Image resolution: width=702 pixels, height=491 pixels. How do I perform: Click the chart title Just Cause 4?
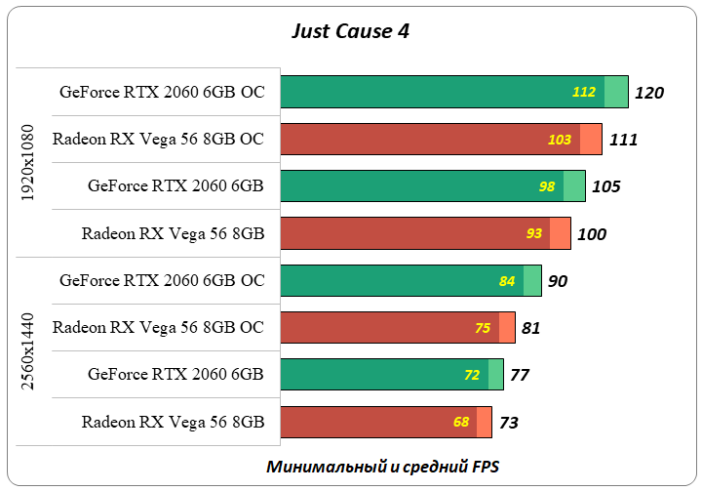click(351, 30)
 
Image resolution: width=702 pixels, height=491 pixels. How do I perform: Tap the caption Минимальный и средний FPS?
click(381, 467)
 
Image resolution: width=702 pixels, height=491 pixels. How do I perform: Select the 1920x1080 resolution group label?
click(28, 162)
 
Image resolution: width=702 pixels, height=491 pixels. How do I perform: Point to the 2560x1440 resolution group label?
click(28, 351)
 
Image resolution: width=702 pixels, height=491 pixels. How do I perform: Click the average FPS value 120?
click(648, 93)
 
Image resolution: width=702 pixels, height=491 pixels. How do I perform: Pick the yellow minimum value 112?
click(584, 93)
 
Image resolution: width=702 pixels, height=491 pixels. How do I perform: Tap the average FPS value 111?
click(623, 140)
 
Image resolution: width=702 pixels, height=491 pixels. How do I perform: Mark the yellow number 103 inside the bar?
click(559, 140)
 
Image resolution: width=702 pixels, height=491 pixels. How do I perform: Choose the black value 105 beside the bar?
click(605, 186)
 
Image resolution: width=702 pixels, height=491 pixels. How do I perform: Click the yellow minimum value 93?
click(533, 234)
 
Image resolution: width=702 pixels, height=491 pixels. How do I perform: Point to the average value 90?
click(558, 281)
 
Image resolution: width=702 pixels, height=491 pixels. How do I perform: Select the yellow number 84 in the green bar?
click(507, 281)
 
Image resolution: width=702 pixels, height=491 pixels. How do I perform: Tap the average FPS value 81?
click(531, 328)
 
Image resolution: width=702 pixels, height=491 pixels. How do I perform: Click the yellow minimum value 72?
click(472, 375)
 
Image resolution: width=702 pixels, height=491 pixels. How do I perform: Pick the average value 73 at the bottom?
click(509, 423)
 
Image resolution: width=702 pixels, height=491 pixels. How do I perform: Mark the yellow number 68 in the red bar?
click(461, 423)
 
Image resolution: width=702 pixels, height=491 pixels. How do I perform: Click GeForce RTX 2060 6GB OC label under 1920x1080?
click(162, 92)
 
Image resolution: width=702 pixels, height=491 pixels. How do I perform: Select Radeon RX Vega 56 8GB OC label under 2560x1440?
click(158, 328)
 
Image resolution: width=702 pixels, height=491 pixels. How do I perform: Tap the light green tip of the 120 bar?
click(616, 92)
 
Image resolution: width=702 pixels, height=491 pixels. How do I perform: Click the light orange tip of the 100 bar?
click(561, 233)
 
